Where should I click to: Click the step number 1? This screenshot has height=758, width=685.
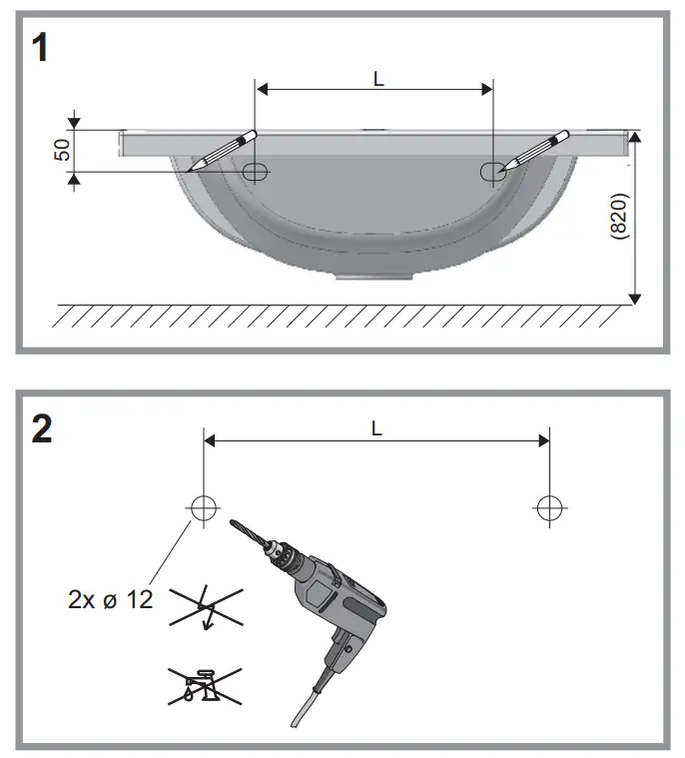click(x=40, y=48)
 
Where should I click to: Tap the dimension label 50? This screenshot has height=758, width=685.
click(x=61, y=150)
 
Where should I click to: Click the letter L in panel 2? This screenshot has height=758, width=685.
click(x=375, y=426)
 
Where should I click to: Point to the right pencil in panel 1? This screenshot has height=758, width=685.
click(x=536, y=151)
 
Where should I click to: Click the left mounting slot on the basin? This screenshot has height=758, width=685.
click(x=255, y=172)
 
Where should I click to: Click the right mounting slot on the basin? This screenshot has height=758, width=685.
click(x=492, y=172)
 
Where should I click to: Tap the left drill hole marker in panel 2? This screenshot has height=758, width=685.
click(x=203, y=507)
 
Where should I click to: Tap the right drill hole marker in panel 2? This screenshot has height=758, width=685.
click(x=547, y=507)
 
